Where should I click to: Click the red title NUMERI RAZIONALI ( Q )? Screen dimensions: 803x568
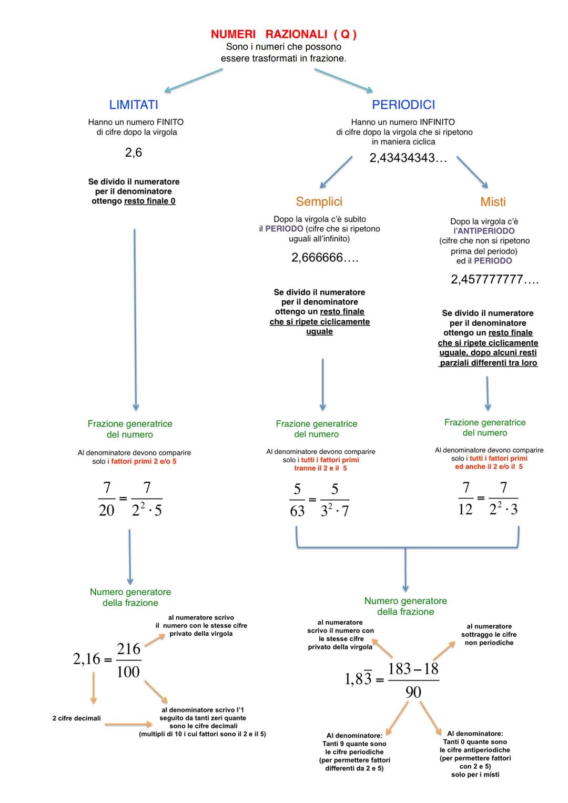click(x=283, y=35)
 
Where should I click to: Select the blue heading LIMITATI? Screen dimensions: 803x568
click(x=134, y=105)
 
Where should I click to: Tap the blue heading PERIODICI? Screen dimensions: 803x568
click(x=403, y=105)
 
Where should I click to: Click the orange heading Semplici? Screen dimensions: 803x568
click(x=319, y=201)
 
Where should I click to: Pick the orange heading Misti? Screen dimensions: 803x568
click(x=493, y=202)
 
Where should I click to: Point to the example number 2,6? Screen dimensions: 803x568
click(x=134, y=153)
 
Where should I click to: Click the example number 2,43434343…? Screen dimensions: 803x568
click(x=408, y=158)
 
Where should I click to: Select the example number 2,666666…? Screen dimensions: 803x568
click(x=325, y=258)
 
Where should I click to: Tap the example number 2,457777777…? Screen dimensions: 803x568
click(x=495, y=280)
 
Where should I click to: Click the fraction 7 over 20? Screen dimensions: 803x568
click(x=106, y=499)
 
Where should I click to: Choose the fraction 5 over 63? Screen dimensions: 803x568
click(x=297, y=500)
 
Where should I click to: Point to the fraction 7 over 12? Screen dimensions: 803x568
click(x=465, y=498)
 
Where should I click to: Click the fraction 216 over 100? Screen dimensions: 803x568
click(x=128, y=660)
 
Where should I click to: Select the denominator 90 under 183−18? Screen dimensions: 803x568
click(x=413, y=692)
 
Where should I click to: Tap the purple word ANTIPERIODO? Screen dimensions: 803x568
click(x=486, y=231)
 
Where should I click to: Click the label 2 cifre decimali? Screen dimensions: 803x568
click(x=76, y=718)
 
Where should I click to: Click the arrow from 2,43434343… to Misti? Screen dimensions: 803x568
click(x=472, y=171)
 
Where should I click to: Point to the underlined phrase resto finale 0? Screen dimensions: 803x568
click(x=150, y=201)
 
